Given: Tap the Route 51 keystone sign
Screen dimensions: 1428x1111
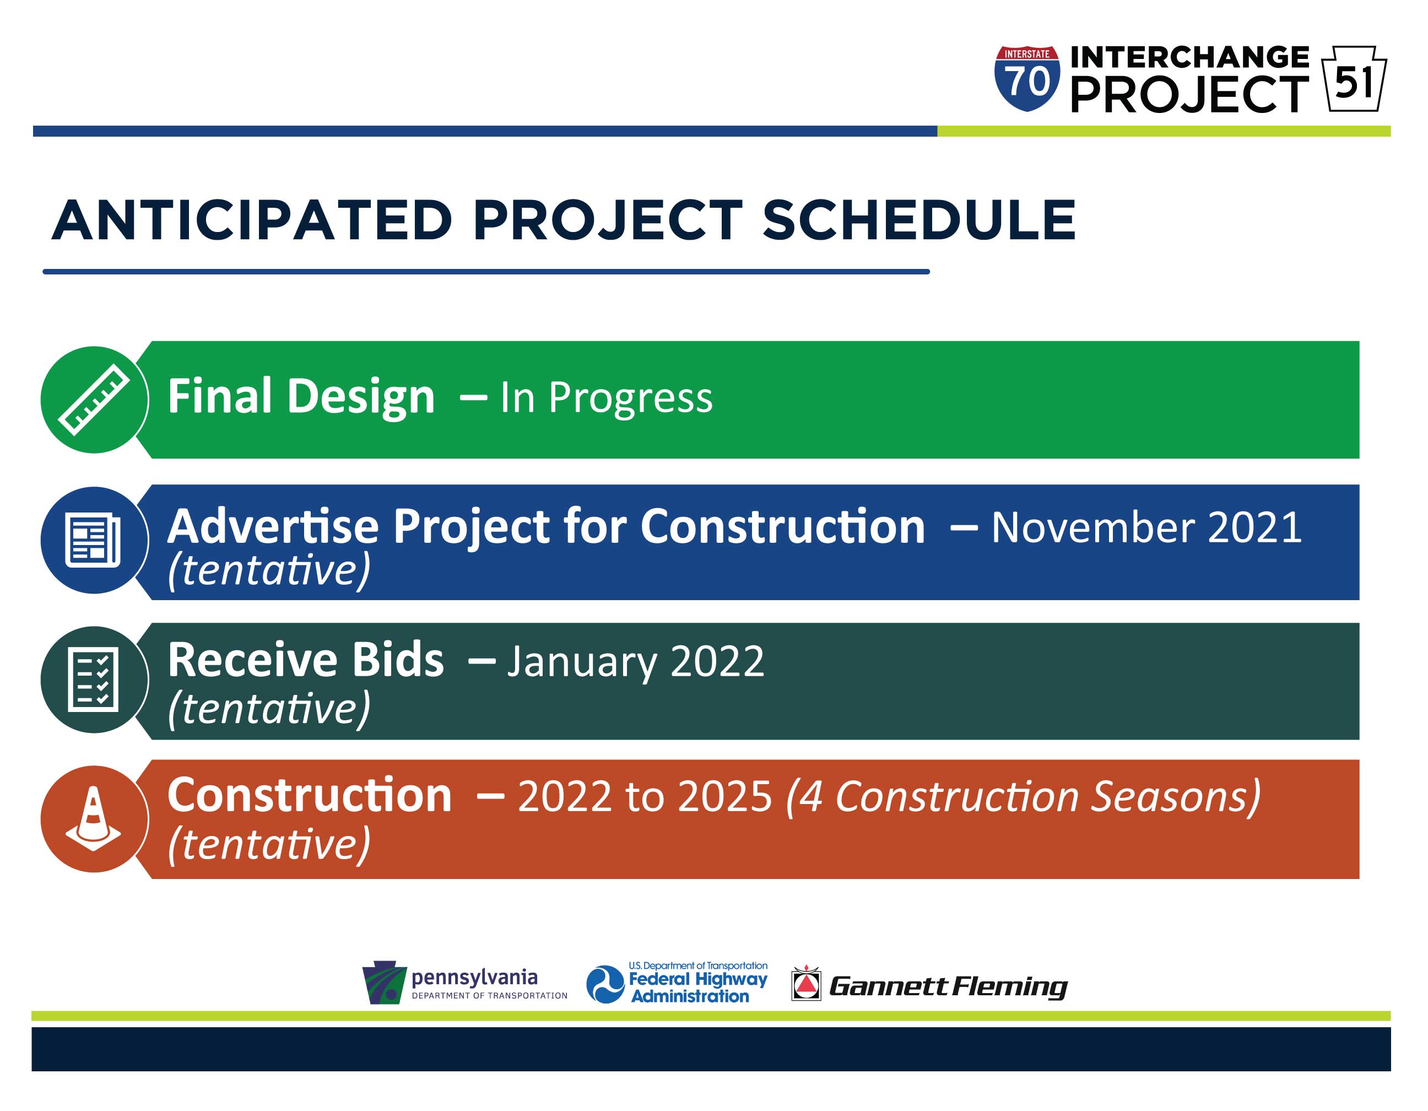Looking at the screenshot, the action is point(1354,78).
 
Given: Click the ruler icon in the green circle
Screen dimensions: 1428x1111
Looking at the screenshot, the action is point(94,400).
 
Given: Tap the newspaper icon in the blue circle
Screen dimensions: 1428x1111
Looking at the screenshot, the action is point(93,540).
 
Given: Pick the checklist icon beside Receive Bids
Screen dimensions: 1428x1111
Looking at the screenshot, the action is point(93,679).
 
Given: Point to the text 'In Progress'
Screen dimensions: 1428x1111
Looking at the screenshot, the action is point(606,397).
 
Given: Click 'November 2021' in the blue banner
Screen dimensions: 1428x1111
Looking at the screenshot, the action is point(1145,527).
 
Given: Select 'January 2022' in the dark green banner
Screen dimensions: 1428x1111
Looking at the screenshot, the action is point(636,661).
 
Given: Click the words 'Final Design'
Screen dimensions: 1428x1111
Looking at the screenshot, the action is point(301,396).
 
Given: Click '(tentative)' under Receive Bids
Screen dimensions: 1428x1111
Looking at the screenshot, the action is point(269,708).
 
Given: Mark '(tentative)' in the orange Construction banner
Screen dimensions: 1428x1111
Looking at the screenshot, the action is point(269,844).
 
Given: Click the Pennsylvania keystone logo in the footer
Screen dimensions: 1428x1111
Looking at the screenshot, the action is point(385,981).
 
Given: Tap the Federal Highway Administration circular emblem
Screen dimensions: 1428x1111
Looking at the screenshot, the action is point(605,984).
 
